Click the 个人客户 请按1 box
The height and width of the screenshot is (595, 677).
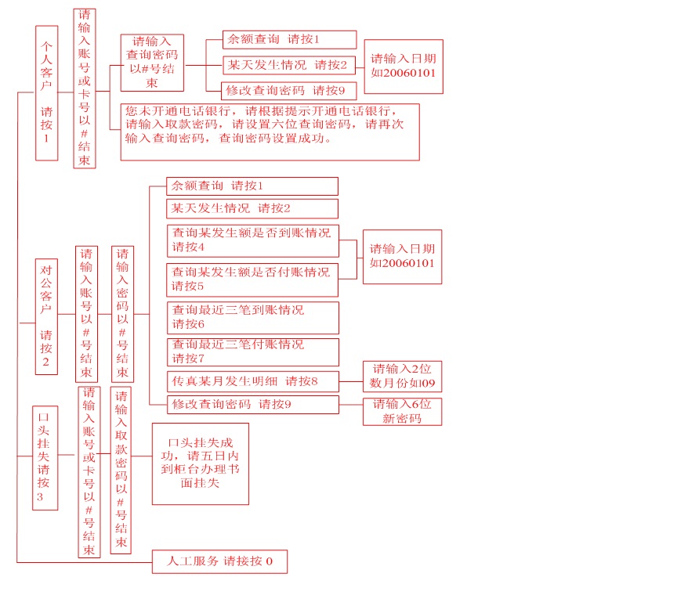47,93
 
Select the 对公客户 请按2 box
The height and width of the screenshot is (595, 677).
46,317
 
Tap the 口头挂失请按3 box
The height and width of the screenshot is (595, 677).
45,458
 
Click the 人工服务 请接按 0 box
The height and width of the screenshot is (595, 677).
219,561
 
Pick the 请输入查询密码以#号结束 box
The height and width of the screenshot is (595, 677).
152,63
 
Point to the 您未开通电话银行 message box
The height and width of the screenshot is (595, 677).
270,132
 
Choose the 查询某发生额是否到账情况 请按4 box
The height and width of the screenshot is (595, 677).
253,241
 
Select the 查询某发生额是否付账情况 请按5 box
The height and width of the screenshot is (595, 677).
252,280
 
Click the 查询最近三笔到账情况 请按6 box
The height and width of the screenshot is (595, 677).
253,318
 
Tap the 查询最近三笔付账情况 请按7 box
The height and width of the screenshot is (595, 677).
253,352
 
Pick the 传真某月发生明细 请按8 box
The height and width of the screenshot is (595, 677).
253,381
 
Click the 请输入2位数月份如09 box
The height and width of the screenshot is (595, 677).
403,377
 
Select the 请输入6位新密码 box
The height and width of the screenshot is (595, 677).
403,412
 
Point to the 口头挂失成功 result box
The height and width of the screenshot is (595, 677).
201,463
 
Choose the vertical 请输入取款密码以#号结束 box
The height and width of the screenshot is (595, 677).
121,471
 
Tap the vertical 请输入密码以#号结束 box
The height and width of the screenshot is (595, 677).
122,314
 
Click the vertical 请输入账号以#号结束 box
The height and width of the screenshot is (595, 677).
86,314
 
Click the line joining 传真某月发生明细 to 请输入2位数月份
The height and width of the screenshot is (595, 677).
351,381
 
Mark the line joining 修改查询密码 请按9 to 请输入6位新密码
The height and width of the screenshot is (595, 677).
351,405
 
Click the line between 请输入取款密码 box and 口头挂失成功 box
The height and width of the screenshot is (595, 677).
142,456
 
